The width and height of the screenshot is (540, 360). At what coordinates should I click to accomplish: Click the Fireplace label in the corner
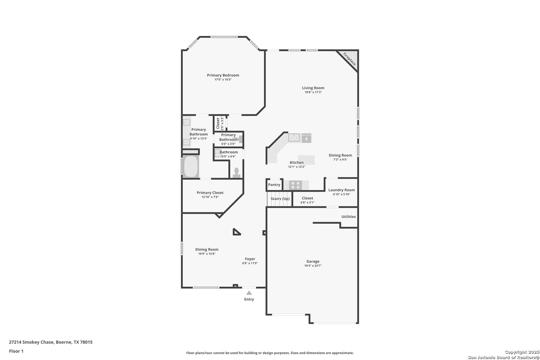tap(349, 59)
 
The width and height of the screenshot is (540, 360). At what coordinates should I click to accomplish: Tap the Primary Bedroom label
tap(223, 75)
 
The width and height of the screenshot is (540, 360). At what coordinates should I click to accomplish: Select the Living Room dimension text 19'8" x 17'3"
tap(313, 92)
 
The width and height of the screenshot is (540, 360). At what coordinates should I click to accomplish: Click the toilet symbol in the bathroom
tap(236, 173)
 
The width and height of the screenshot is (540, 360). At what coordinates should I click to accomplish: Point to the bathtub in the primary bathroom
tap(191, 166)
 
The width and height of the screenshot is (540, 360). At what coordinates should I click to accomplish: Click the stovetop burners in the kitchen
tap(295, 185)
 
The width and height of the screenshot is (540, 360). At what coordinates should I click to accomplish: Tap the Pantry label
tap(274, 185)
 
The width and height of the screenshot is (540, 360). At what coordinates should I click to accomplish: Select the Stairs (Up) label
tap(280, 199)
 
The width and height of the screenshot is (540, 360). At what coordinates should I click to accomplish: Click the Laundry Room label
tap(342, 190)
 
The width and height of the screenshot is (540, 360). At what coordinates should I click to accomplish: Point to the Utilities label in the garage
tap(349, 217)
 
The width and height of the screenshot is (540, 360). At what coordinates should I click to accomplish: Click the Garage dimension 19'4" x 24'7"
tap(313, 266)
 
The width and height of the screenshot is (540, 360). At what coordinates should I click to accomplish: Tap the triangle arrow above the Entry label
tap(249, 293)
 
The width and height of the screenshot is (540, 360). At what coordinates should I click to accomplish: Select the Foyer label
tap(250, 259)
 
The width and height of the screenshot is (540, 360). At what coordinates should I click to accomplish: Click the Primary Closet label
tap(210, 193)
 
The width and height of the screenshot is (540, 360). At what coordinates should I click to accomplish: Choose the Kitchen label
tap(297, 163)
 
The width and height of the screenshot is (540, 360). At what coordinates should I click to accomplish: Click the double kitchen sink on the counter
tap(294, 138)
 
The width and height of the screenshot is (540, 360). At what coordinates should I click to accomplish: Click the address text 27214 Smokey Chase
tap(31, 342)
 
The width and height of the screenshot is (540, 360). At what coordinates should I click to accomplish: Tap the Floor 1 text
tap(16, 351)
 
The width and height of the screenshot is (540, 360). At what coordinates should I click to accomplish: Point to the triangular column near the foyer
tap(236, 232)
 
